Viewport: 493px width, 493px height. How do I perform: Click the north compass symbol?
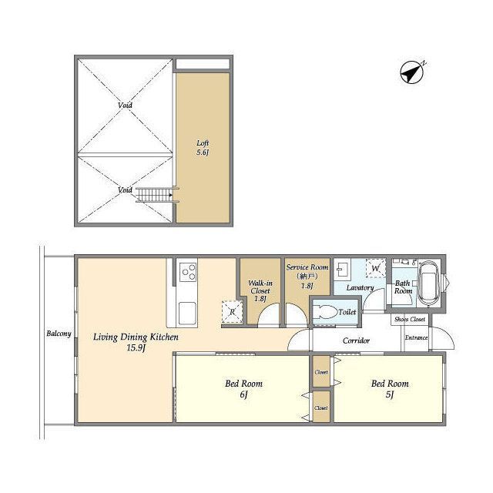coord(412,72)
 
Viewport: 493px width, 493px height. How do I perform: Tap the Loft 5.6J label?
coord(203,148)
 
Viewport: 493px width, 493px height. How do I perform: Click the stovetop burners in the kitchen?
coord(188,272)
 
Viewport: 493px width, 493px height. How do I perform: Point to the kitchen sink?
coord(187,314)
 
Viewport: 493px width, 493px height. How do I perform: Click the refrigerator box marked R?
coord(233,312)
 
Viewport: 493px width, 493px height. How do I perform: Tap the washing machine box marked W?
coord(376,268)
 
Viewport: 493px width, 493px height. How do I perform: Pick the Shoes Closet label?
coord(410,319)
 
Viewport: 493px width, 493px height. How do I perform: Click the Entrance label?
coord(416,337)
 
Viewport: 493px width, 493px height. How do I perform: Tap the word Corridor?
coord(356,340)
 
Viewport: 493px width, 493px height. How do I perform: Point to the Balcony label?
coord(59,334)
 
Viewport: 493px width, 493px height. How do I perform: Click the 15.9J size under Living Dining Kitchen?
coord(136,348)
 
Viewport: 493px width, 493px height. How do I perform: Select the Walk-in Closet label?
coord(260,291)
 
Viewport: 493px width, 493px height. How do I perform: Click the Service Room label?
coord(307,277)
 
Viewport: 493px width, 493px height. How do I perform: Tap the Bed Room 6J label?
coord(243,388)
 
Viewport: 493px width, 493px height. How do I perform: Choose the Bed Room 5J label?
coord(390,388)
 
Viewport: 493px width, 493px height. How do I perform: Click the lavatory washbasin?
coord(342,269)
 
